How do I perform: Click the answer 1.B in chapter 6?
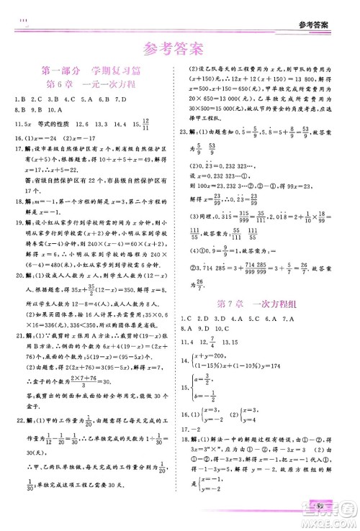click(x=19, y=99)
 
